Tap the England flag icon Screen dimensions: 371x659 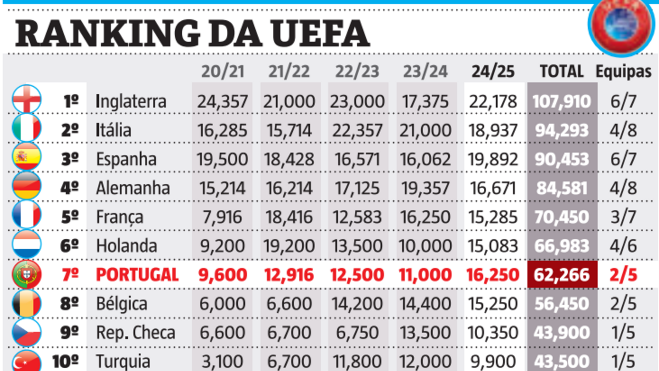coord(26,101)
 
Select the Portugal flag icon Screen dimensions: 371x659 coord(26,274)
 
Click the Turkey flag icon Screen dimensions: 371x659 coord(26,361)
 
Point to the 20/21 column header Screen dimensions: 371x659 coord(222,71)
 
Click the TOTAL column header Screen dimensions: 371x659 coord(561,71)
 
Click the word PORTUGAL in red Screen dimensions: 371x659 coord(137,274)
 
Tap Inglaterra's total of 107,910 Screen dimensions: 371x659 coord(561,102)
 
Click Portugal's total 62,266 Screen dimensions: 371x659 coord(561,274)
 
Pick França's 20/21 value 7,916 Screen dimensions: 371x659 coord(222,217)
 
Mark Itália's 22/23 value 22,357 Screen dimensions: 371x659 coord(357,130)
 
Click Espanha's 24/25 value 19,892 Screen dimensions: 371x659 coord(493,159)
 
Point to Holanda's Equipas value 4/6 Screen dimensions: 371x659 coord(623,245)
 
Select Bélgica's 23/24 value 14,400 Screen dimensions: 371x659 coord(426,303)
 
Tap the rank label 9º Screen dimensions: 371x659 coord(70,333)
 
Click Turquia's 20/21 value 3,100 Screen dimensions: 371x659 coord(222,361)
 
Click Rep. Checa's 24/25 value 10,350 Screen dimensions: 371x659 coord(493,333)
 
